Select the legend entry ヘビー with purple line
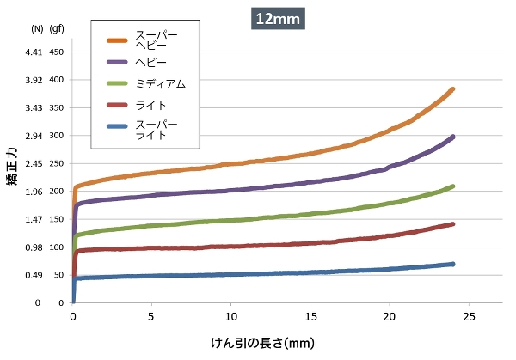[x=150, y=63]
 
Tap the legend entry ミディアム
[x=160, y=83]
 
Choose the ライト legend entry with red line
[x=150, y=105]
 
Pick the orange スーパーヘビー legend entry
[x=156, y=40]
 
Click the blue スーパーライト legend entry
[x=156, y=130]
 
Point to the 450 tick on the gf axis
[x=58, y=52]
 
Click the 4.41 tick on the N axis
[x=32, y=52]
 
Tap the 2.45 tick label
[x=32, y=164]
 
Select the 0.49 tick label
[x=32, y=276]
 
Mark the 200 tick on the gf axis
[x=58, y=192]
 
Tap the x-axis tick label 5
[x=152, y=316]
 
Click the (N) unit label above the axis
[x=37, y=28]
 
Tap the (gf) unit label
[x=58, y=28]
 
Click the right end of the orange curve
[x=452, y=89]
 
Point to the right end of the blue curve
[x=452, y=264]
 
